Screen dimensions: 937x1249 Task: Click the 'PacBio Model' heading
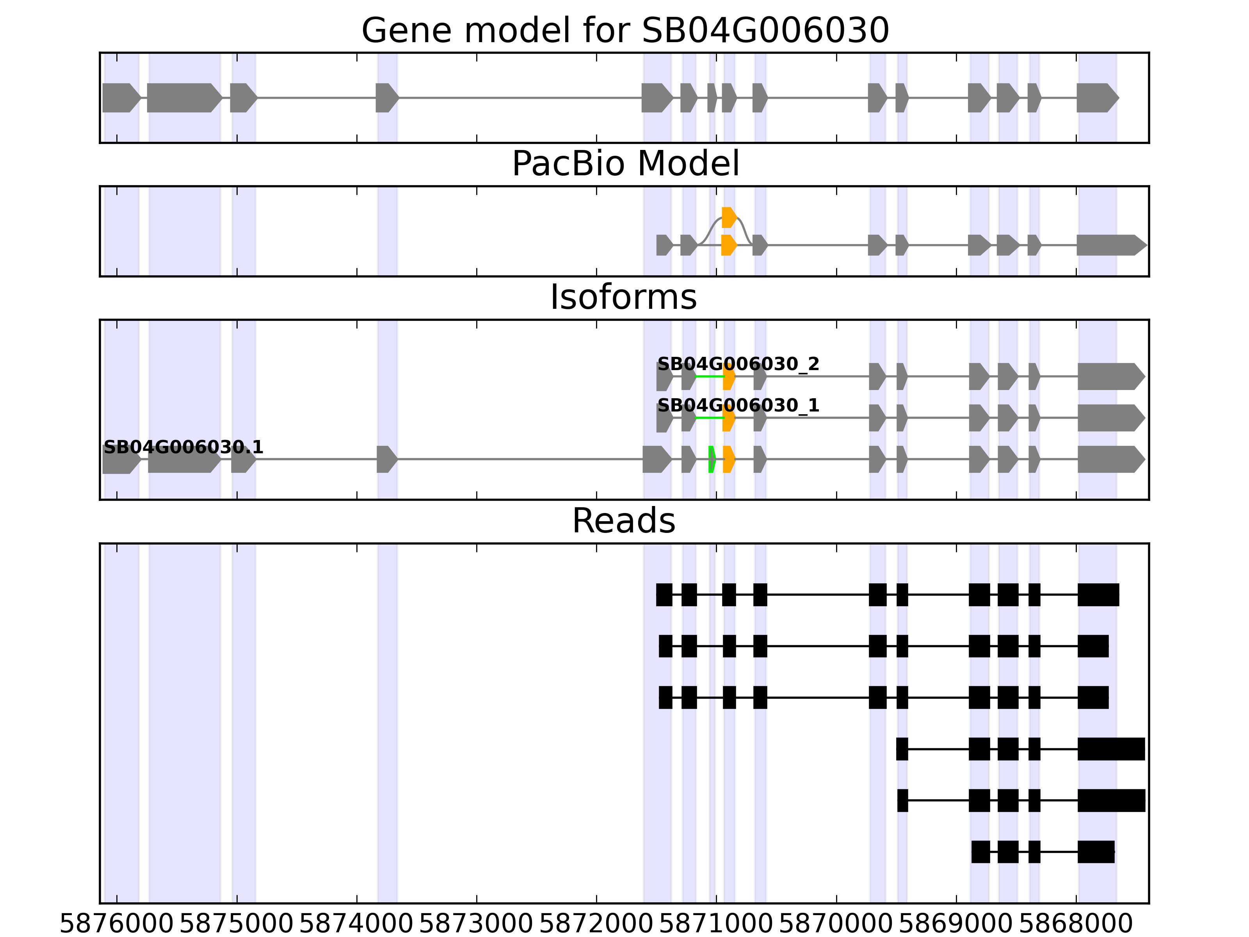click(x=624, y=164)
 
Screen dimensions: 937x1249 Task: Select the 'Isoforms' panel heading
click(x=623, y=297)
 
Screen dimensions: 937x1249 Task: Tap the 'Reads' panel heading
click(x=623, y=521)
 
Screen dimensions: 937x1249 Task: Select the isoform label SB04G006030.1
click(x=183, y=447)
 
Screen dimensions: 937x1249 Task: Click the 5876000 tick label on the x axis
click(x=116, y=925)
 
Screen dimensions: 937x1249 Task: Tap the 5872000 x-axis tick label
click(x=596, y=925)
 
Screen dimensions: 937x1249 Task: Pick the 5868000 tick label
click(x=1076, y=925)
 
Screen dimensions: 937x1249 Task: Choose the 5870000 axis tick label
click(x=836, y=925)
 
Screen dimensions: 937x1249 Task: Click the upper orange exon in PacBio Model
click(x=729, y=217)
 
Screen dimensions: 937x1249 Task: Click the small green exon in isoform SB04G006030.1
click(x=712, y=459)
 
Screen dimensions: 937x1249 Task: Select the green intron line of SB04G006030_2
click(x=709, y=376)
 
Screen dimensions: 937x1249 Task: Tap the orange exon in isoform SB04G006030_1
click(x=728, y=418)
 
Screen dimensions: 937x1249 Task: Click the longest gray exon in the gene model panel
click(x=183, y=98)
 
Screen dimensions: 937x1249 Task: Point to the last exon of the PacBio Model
click(x=1110, y=245)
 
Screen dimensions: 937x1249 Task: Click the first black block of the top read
click(x=664, y=595)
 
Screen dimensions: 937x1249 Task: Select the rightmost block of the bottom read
click(x=1096, y=852)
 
